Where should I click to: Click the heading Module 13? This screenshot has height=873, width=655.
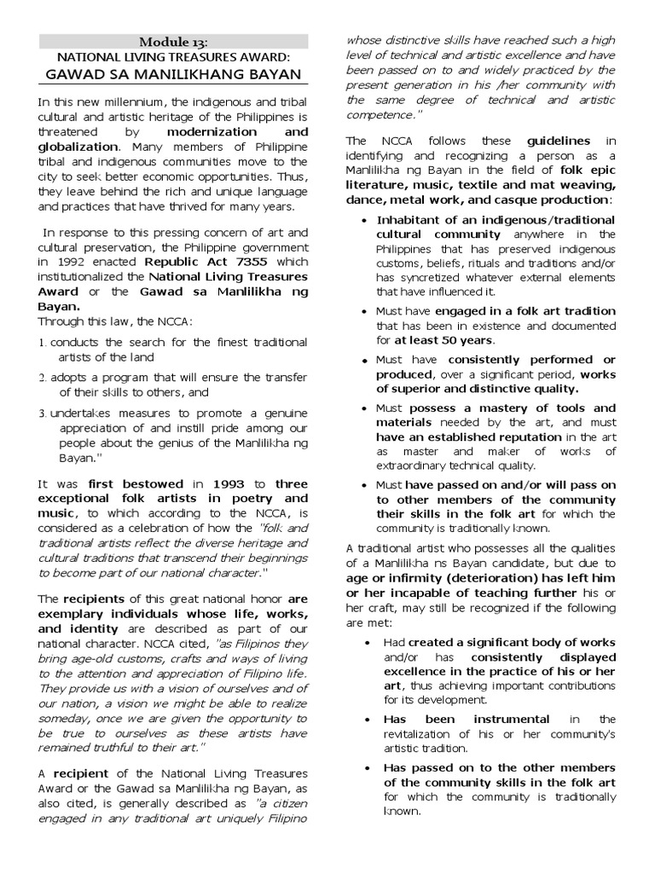174,42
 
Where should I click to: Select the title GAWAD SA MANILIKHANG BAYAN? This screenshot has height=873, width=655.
174,74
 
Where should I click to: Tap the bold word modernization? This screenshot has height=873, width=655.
212,132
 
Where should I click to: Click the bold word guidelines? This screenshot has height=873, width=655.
558,141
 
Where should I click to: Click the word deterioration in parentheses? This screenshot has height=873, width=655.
470,577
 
